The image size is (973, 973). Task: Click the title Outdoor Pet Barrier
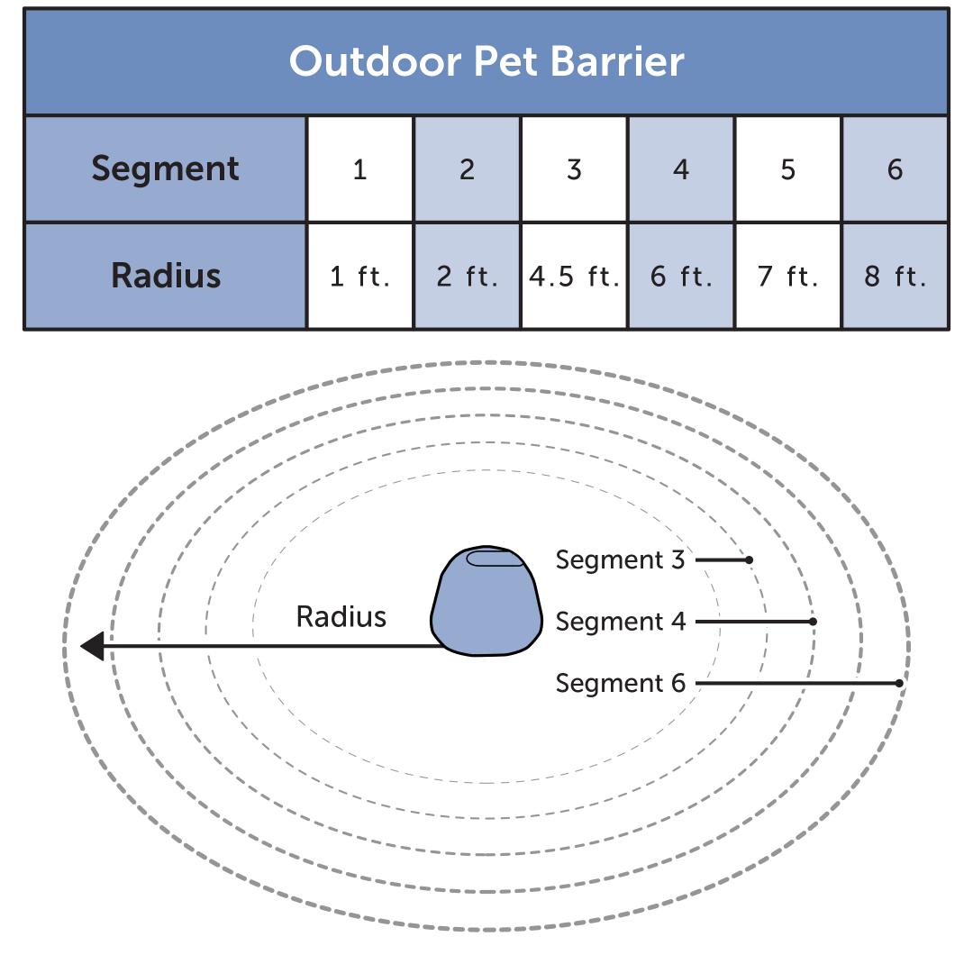click(486, 61)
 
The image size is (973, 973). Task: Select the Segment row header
click(166, 168)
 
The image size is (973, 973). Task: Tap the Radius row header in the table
click(166, 275)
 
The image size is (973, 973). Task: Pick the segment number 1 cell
click(359, 169)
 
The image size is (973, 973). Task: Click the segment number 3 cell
click(574, 169)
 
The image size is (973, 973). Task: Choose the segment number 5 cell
click(788, 169)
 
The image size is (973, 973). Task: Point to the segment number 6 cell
click(895, 169)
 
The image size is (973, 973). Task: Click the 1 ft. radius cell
click(359, 276)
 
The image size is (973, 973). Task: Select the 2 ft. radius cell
click(467, 276)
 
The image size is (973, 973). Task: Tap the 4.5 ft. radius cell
click(574, 276)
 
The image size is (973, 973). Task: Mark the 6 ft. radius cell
click(681, 276)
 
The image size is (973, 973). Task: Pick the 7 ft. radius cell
click(788, 276)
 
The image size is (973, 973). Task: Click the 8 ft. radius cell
click(895, 276)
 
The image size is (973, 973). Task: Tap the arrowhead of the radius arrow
click(92, 646)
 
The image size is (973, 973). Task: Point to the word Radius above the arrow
click(341, 617)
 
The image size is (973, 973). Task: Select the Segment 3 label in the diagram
click(620, 559)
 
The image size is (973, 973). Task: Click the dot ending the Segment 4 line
click(813, 622)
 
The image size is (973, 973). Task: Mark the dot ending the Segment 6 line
click(899, 684)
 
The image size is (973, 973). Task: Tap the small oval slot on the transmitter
click(496, 559)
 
